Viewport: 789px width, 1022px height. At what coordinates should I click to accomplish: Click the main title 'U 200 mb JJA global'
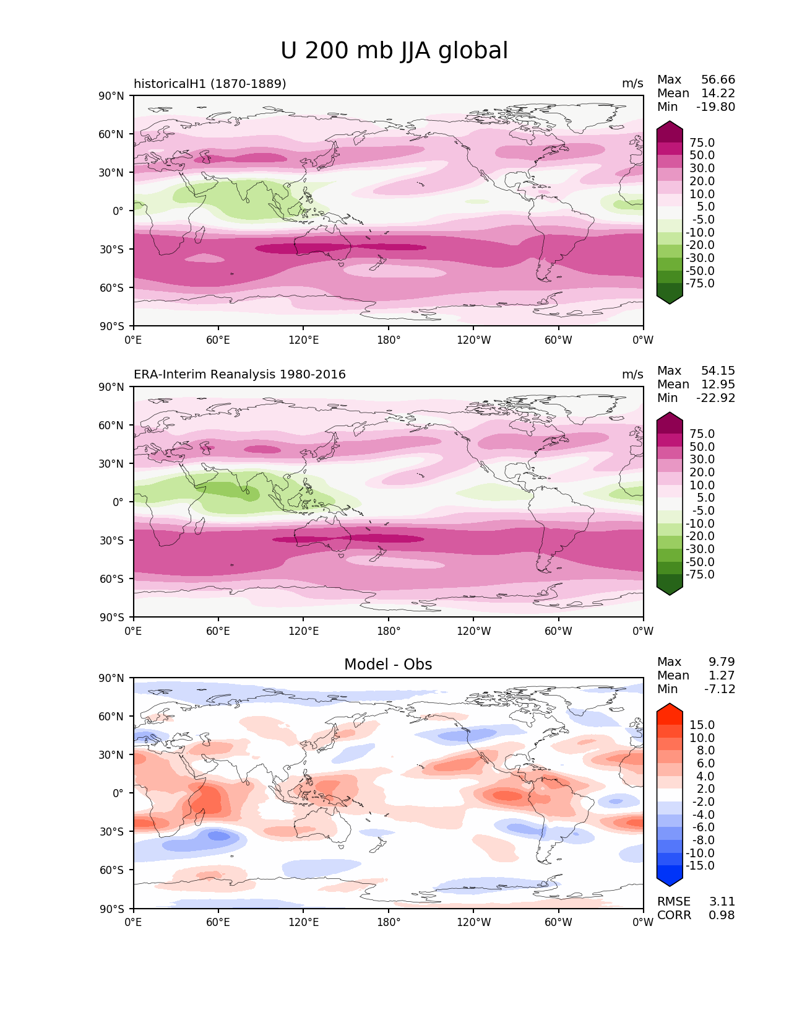[394, 51]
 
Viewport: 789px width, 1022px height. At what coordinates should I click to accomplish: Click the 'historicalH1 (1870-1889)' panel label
[210, 84]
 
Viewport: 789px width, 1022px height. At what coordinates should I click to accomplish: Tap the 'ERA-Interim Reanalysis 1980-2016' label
[239, 375]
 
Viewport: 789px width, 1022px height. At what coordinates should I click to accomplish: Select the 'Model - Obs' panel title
[388, 665]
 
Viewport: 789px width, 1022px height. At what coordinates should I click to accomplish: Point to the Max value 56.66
[718, 80]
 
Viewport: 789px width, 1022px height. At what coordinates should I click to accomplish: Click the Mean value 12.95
[718, 385]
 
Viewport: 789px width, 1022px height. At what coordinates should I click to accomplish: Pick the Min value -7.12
[720, 689]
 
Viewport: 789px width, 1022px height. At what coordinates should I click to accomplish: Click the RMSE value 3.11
[722, 902]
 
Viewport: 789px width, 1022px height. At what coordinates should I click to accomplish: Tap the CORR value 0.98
[722, 915]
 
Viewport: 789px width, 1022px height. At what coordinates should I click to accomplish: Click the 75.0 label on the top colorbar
[702, 143]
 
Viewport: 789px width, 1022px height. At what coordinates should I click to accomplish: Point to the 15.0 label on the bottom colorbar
[702, 725]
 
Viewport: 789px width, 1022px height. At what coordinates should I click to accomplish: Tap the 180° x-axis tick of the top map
[389, 340]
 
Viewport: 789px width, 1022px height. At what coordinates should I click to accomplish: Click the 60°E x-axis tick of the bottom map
[218, 922]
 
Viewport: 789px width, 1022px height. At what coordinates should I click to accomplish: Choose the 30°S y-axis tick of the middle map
[116, 541]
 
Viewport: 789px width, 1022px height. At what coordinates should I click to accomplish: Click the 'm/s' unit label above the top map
[632, 84]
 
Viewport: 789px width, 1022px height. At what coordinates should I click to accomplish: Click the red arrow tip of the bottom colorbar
[670, 708]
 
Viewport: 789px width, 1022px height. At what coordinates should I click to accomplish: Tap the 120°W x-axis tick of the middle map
[473, 631]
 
